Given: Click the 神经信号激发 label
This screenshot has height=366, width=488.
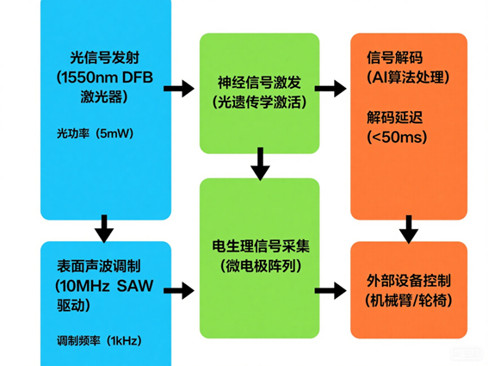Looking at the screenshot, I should click(259, 84).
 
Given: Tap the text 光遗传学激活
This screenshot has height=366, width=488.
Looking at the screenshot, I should click(259, 103).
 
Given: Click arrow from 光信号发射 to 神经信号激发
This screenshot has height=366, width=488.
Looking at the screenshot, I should click(180, 88).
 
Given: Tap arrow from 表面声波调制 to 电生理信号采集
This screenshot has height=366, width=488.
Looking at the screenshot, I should click(180, 291).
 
